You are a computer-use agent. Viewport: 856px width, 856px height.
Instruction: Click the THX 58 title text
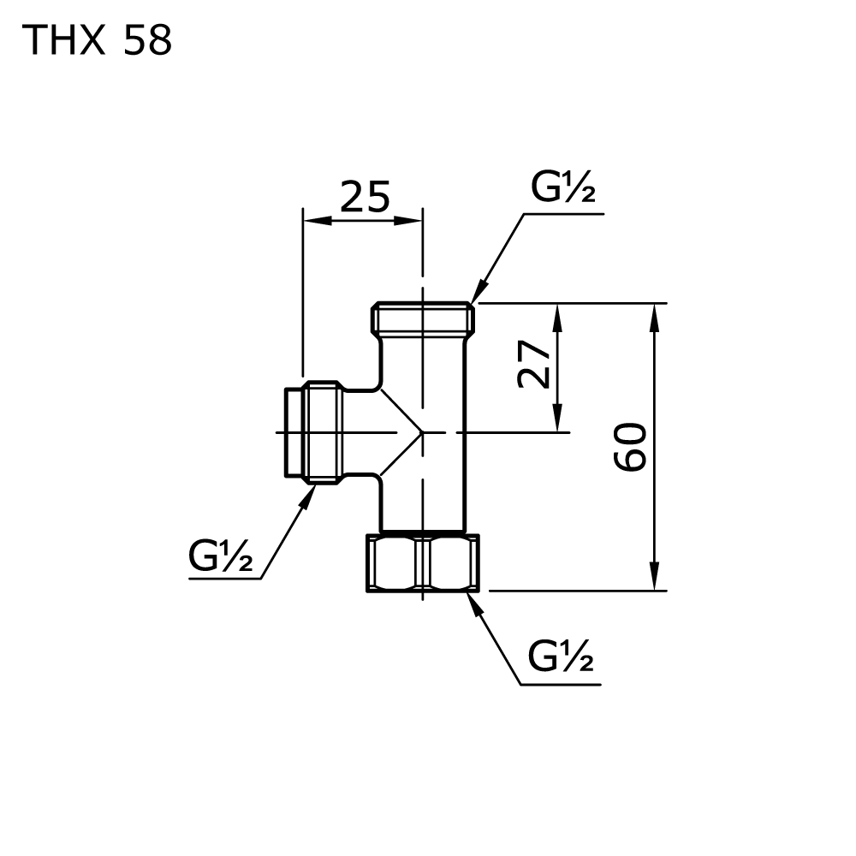click(98, 40)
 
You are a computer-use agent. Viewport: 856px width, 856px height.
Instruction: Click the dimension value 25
click(365, 197)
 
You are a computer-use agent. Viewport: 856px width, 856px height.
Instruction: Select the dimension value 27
click(533, 364)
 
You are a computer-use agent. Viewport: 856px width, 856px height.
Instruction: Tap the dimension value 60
click(630, 447)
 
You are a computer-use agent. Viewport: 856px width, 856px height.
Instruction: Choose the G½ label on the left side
click(221, 555)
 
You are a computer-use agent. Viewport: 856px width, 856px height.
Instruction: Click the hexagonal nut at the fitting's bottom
click(423, 563)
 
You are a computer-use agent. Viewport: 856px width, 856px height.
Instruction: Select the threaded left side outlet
click(313, 431)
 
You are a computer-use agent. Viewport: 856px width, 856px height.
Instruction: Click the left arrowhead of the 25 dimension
click(317, 221)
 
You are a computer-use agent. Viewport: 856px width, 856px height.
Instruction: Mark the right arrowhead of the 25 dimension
click(407, 221)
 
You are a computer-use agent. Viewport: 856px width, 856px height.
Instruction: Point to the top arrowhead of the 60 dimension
click(654, 318)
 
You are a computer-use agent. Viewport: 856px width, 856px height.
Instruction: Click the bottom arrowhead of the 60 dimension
click(654, 575)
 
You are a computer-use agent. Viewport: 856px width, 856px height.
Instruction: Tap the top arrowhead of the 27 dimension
click(557, 318)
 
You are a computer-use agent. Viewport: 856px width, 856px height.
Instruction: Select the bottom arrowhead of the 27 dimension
click(557, 418)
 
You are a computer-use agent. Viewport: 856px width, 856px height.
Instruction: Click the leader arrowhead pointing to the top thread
click(479, 291)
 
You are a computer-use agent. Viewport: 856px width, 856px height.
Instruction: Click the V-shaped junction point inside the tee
click(421, 432)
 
